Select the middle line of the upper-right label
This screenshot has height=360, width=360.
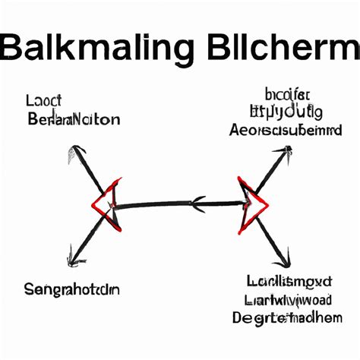point(286,112)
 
